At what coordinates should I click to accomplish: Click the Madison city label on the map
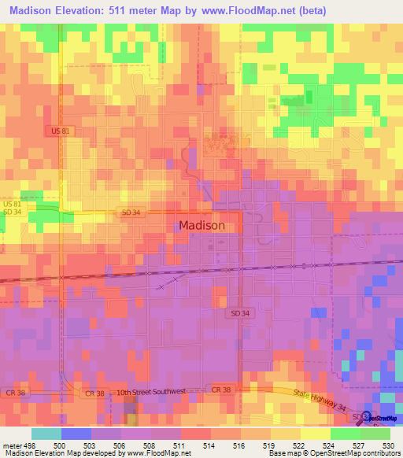click(x=201, y=224)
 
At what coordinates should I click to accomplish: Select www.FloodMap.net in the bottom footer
click(x=159, y=453)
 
